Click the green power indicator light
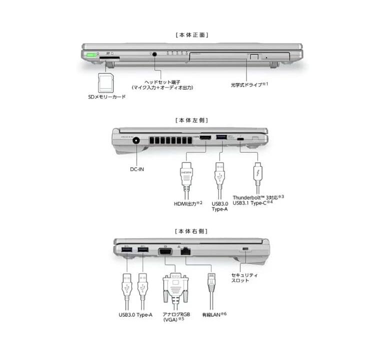(x=91, y=55)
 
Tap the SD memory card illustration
(x=105, y=82)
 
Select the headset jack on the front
(x=154, y=54)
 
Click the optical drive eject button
(x=254, y=57)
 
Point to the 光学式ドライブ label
(x=249, y=85)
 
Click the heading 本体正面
(x=192, y=35)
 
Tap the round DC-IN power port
(x=136, y=140)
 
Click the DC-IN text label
(x=137, y=169)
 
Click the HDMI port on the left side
(x=205, y=137)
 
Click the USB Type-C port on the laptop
(x=240, y=139)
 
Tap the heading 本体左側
(x=192, y=120)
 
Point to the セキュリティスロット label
(x=244, y=277)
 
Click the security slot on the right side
(x=245, y=249)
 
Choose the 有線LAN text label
(x=214, y=314)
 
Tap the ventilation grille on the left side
(x=170, y=140)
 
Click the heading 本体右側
(x=191, y=231)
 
